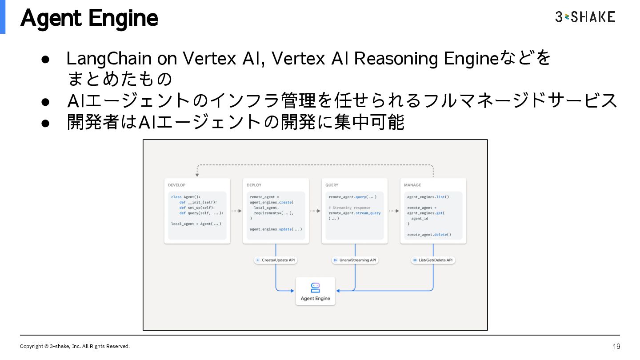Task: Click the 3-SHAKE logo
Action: [585, 17]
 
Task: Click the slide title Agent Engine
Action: [89, 18]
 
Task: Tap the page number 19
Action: [616, 346]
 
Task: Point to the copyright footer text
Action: [75, 346]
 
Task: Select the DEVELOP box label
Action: [177, 185]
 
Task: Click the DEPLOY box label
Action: [254, 185]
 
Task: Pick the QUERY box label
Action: [332, 185]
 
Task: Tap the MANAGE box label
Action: [412, 185]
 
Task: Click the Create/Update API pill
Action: [276, 260]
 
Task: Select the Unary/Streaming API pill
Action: [355, 260]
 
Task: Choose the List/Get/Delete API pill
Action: [433, 260]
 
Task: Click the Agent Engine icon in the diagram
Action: [316, 287]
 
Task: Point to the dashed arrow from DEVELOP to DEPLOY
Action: [236, 211]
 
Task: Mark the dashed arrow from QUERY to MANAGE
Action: [394, 211]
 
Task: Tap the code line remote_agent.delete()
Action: [429, 234]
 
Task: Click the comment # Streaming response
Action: [349, 208]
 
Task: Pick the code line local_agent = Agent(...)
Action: [196, 224]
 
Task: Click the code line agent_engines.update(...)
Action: [276, 229]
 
